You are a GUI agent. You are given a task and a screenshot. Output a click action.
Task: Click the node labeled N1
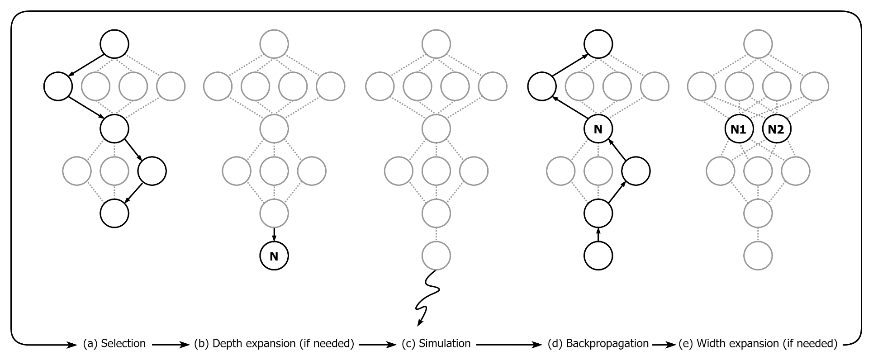(x=738, y=129)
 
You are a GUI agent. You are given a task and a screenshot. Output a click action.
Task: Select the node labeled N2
(x=776, y=129)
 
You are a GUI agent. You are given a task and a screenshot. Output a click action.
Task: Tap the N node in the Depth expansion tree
(x=274, y=256)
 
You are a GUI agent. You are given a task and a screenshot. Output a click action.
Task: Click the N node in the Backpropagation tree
(x=598, y=129)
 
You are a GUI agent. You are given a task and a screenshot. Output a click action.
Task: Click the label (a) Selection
(x=114, y=344)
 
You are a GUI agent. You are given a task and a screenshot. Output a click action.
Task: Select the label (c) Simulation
(x=436, y=344)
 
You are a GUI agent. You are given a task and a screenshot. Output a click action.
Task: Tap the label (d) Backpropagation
(x=598, y=344)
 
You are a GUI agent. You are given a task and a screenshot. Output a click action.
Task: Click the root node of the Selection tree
(x=114, y=44)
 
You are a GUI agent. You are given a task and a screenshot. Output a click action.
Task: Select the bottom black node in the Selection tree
(x=114, y=212)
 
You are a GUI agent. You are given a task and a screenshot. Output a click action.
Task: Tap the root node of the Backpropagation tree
(x=598, y=44)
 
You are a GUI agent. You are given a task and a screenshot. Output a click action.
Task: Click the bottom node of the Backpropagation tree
(x=598, y=256)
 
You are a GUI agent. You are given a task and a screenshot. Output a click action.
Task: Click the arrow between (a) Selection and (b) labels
(x=170, y=345)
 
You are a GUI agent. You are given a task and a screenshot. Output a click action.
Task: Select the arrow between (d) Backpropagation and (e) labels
(x=664, y=345)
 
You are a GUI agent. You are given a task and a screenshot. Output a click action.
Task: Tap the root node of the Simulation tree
(x=436, y=44)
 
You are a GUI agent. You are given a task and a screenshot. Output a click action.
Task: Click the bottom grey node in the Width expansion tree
(x=758, y=256)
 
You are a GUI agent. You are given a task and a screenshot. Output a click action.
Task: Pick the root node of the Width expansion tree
(x=758, y=44)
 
